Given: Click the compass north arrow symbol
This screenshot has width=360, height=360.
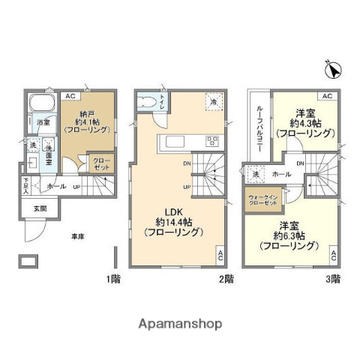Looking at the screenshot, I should coord(333,70).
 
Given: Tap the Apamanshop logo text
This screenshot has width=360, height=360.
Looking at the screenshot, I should coord(180,324).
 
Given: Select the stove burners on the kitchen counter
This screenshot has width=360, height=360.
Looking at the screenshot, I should coord(212,140).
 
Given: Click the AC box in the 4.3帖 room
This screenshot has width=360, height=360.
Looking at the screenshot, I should coord(326,97).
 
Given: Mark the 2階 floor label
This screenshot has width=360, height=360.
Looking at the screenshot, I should coord(226,279).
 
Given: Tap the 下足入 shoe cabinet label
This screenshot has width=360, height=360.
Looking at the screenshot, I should coord(25,184).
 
